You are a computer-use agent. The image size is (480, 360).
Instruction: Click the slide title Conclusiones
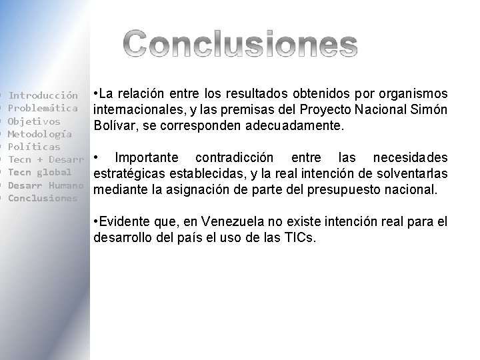click(241, 43)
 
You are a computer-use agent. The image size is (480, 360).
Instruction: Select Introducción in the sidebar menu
click(43, 95)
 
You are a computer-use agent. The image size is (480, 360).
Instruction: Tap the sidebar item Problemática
click(43, 108)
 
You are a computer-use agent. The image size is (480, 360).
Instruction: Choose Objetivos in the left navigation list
click(34, 121)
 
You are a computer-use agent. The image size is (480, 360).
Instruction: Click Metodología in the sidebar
click(40, 134)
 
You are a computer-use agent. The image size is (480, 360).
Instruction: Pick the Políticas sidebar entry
click(34, 147)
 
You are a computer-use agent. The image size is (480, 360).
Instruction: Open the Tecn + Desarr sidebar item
click(46, 159)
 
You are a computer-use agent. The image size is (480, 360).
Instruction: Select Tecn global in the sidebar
click(39, 172)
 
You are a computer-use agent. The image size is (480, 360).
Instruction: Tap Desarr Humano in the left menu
click(45, 185)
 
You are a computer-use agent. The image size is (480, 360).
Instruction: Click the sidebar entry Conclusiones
click(43, 198)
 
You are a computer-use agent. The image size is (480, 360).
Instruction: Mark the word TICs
click(299, 237)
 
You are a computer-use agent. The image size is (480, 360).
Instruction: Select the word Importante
click(147, 157)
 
